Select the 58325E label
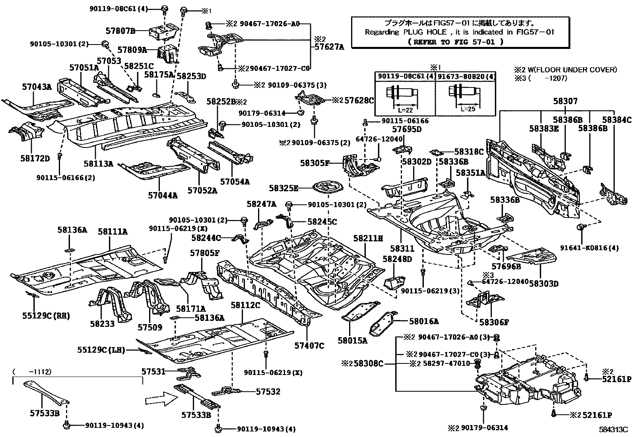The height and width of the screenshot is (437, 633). [x=283, y=188]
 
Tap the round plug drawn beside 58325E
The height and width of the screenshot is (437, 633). [x=326, y=188]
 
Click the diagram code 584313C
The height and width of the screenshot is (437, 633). [x=614, y=430]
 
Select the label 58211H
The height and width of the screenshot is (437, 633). [x=368, y=238]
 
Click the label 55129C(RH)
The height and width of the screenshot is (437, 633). [x=46, y=316]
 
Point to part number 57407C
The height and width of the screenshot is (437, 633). [x=309, y=346]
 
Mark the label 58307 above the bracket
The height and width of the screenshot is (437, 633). [x=565, y=101]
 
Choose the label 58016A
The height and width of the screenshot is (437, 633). [x=424, y=321]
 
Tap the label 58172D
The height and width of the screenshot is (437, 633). [x=35, y=159]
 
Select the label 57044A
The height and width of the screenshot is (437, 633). [x=163, y=195]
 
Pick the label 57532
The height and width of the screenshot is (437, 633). [x=268, y=392]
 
